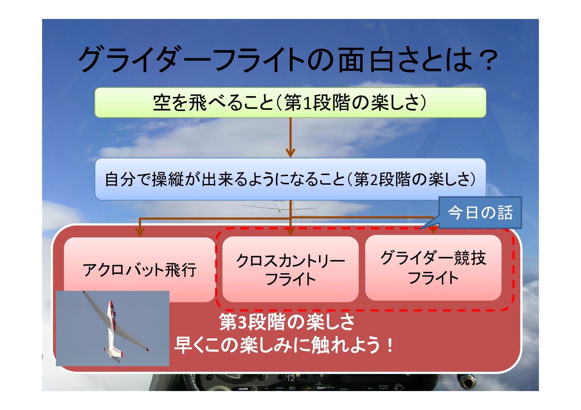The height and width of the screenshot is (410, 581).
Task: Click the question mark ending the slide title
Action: click(x=489, y=60)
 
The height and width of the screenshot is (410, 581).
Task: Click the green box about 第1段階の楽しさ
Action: click(x=290, y=103)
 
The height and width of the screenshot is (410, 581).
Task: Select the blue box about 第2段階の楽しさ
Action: click(x=290, y=179)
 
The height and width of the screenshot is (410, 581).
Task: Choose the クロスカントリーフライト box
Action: click(x=290, y=269)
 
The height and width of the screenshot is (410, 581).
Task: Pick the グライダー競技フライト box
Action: click(x=433, y=268)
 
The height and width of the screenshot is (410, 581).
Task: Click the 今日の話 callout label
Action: click(x=480, y=213)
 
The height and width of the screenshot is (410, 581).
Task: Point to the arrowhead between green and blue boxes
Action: click(x=290, y=153)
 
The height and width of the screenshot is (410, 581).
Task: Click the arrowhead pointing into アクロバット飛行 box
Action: click(x=140, y=232)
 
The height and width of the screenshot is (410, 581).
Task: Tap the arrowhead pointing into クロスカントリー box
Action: click(x=290, y=232)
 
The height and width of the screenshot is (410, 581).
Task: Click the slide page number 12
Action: click(x=291, y=378)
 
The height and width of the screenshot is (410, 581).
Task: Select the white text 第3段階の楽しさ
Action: click(x=287, y=322)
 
